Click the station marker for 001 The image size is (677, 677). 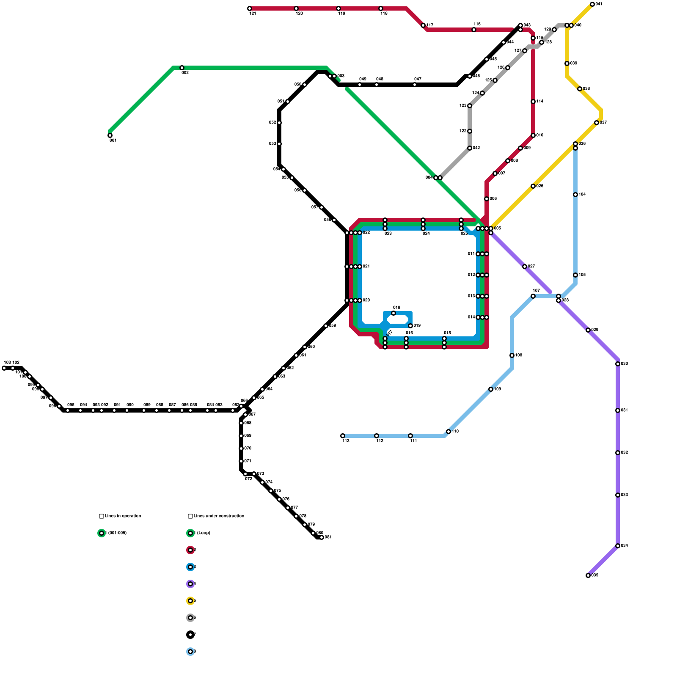(110, 135)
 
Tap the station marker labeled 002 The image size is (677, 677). (182, 68)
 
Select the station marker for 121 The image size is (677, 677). (250, 8)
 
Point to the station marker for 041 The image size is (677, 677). (592, 4)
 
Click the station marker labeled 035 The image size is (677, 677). (588, 575)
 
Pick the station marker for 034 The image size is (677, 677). (618, 546)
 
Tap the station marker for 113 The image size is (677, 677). (343, 436)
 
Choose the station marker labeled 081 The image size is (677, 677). (322, 537)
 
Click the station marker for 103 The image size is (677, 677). (4, 368)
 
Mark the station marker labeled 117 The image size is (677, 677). (423, 25)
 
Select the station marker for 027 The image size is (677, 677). (525, 267)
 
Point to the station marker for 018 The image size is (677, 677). (394, 313)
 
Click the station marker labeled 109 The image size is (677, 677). (491, 389)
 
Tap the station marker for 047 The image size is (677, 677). (415, 85)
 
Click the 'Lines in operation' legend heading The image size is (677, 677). (123, 516)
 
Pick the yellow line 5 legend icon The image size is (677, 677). (190, 601)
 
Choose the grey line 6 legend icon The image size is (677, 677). (190, 618)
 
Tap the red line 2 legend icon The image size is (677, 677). (190, 550)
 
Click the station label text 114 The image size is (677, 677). (540, 102)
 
